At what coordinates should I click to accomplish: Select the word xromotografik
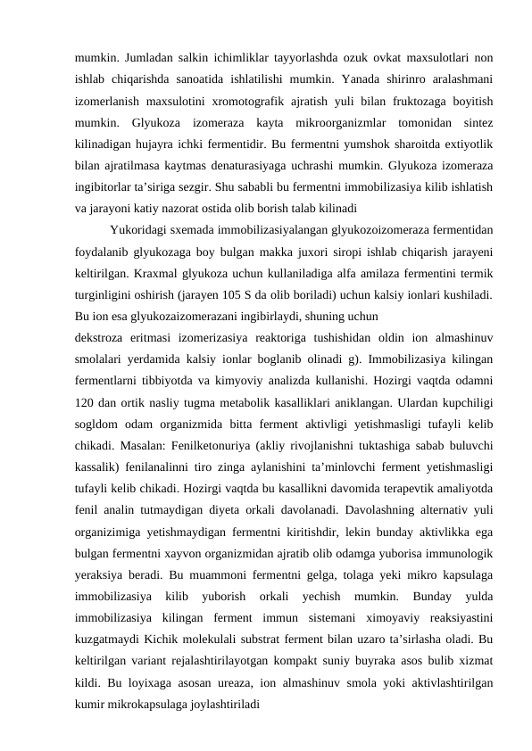[x=254, y=97]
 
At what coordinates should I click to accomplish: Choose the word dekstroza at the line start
[x=100, y=341]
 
